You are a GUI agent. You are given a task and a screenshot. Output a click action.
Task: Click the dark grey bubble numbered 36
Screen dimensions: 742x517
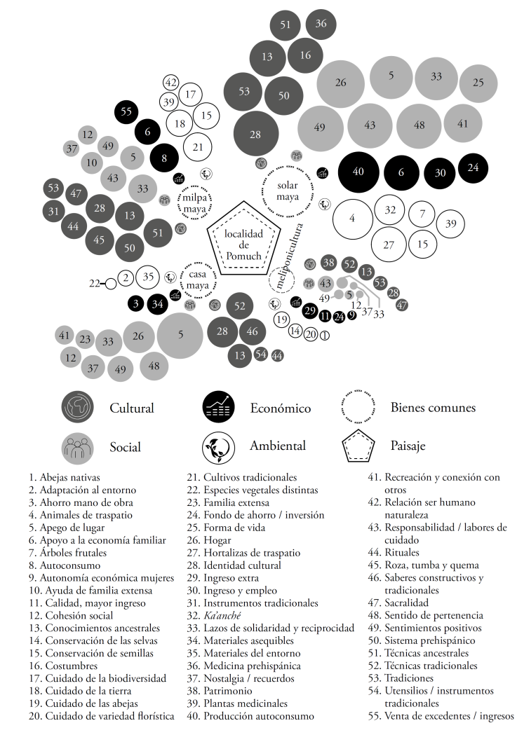click(x=321, y=24)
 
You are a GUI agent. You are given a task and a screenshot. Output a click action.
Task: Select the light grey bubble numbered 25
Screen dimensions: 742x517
click(x=478, y=83)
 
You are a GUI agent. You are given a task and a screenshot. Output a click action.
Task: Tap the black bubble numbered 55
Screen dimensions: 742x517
click(x=126, y=111)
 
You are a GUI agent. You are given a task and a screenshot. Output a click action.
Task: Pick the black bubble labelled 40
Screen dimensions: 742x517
click(x=358, y=172)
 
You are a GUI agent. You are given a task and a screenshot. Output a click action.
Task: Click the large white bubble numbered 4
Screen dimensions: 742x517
click(x=352, y=219)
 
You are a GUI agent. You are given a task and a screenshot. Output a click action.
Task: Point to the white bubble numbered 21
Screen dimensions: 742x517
click(x=198, y=147)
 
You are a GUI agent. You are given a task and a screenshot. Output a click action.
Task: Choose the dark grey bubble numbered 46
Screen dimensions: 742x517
click(x=253, y=330)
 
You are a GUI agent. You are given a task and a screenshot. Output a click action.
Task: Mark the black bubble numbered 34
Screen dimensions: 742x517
click(x=159, y=304)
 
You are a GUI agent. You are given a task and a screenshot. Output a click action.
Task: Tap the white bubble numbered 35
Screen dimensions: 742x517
click(x=148, y=277)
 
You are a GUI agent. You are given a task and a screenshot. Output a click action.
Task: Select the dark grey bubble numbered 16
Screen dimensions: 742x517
click(x=305, y=55)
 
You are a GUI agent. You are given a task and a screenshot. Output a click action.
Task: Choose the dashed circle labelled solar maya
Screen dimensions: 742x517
click(x=288, y=191)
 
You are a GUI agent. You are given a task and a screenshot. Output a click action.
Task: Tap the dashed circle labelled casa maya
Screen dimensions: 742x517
click(x=198, y=280)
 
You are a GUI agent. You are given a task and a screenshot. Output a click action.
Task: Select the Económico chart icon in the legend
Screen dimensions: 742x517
click(x=218, y=408)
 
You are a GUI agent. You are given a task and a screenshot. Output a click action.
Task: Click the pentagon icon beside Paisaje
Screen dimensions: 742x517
click(x=358, y=446)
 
